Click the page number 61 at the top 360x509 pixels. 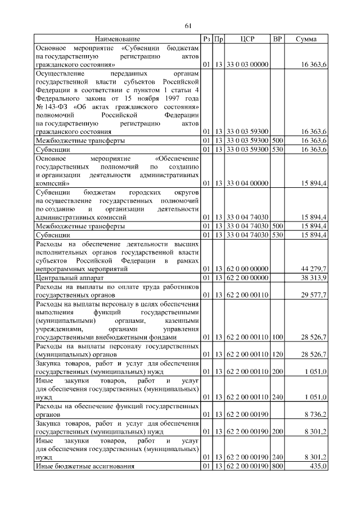188,26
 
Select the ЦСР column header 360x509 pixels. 247,39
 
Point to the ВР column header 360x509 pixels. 277,39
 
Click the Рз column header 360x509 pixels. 207,39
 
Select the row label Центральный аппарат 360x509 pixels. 66,277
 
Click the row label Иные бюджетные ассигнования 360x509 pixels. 84,467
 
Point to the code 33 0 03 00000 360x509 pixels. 247,65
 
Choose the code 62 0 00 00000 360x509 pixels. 247,269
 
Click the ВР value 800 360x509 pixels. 277,467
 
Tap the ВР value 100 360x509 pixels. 277,336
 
